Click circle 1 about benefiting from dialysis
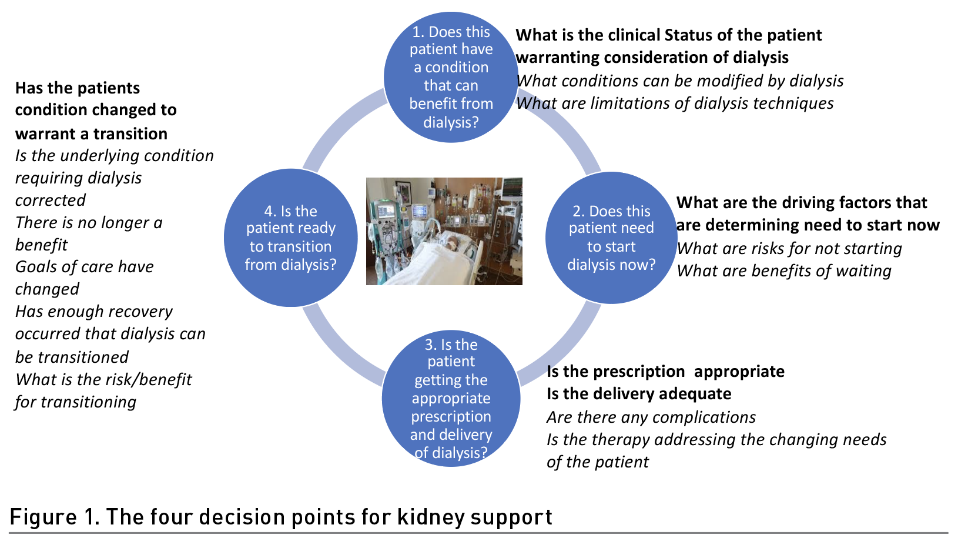tap(451, 77)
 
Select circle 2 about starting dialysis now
tap(611, 238)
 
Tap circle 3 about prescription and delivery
tap(451, 398)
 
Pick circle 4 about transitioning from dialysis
tap(291, 238)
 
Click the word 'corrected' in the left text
tap(51, 200)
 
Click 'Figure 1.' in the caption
tap(55, 517)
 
